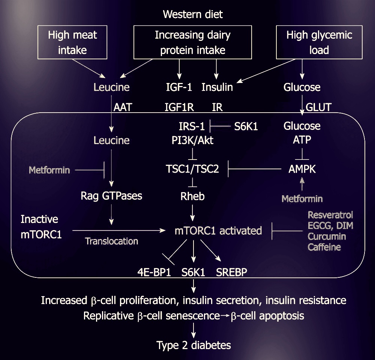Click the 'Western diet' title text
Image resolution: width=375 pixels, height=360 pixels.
(193, 15)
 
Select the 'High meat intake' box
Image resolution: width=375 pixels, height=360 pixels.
(72, 42)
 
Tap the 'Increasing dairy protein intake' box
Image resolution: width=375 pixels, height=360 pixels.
(193, 42)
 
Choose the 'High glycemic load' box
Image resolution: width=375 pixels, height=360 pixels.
(319, 42)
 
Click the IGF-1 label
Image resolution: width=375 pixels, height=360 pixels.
(179, 87)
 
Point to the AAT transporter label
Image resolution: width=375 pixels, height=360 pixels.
(123, 107)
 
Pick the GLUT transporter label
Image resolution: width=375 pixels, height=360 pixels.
(319, 107)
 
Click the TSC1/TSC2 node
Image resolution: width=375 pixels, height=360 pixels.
(192, 169)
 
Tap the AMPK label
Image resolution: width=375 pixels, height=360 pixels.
(302, 169)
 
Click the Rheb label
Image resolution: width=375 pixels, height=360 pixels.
(192, 196)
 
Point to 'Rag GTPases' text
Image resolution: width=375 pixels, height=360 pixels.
(111, 196)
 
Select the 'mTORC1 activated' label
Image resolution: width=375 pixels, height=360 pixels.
(218, 230)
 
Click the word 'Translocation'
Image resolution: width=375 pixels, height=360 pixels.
(111, 241)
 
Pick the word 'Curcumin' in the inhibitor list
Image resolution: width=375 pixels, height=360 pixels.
(327, 236)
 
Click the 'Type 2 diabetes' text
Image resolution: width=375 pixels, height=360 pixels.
(193, 345)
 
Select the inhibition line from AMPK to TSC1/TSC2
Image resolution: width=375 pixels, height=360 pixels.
(255, 169)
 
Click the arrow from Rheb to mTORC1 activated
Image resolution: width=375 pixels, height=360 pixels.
(193, 213)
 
